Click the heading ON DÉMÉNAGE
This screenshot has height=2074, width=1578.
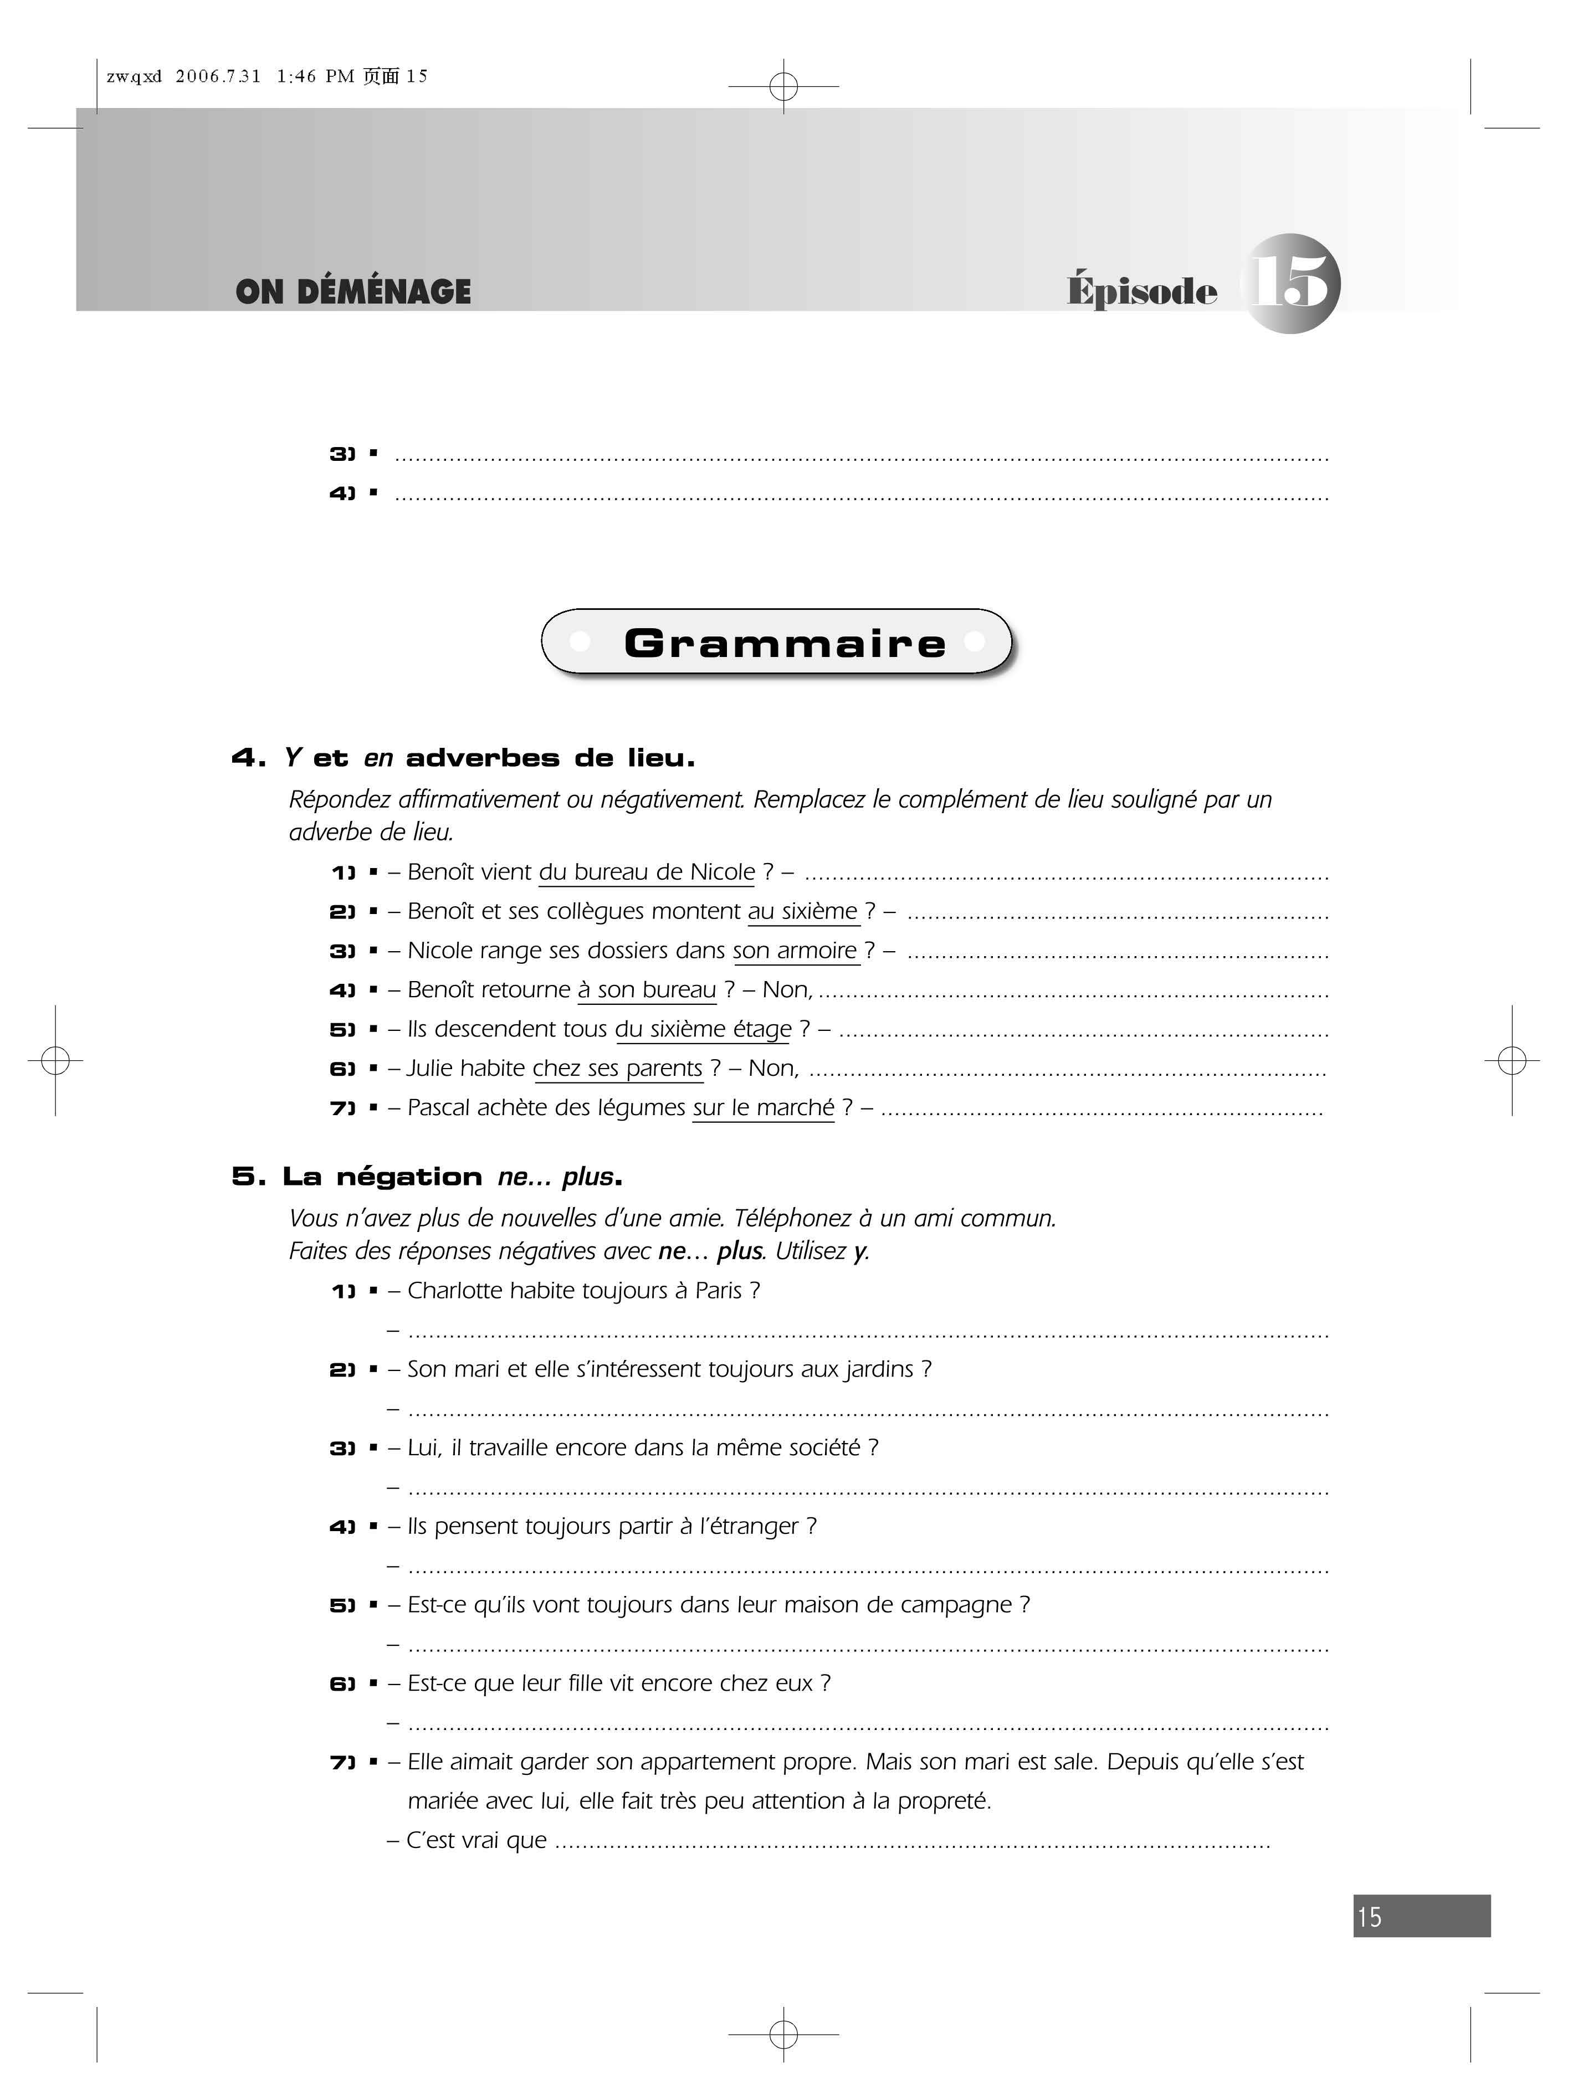pos(353,292)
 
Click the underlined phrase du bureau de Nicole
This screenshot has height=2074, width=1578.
pos(646,872)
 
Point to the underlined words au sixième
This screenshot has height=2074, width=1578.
pos(803,912)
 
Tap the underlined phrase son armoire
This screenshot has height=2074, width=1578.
pos(795,951)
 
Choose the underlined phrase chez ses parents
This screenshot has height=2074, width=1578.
pos(617,1069)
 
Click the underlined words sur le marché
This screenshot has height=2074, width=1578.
pos(764,1108)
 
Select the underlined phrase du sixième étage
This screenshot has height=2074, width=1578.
pos(704,1029)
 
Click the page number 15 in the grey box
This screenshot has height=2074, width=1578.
pos(1370,1916)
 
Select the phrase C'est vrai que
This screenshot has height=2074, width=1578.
pos(476,1840)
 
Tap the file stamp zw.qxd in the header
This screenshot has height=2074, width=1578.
pos(134,77)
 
